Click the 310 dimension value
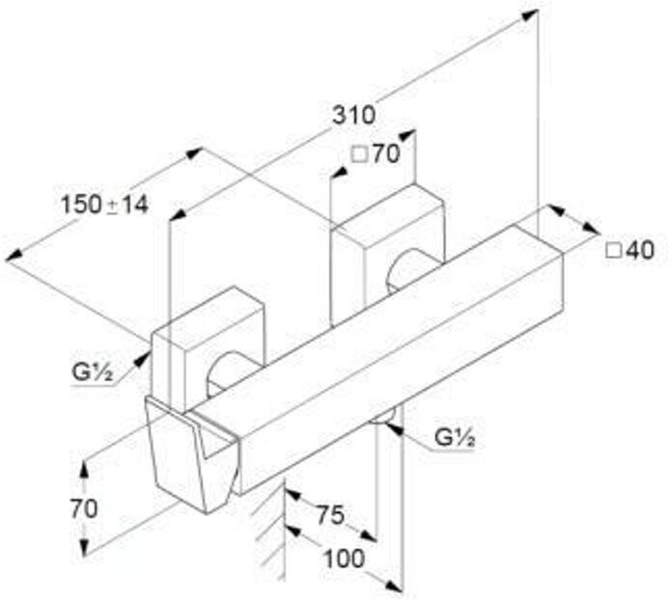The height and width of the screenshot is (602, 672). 353,115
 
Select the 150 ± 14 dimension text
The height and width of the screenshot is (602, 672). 104,204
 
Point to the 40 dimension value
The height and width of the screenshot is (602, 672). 640,250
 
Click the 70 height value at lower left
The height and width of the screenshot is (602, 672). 85,508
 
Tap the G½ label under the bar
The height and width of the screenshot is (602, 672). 453,437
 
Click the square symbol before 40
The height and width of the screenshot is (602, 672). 612,250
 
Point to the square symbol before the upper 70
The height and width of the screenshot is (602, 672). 357,154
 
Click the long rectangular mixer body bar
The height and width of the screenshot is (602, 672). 386,367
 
